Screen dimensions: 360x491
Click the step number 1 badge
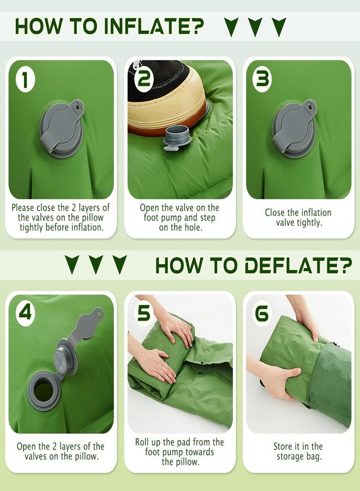[x=25, y=80]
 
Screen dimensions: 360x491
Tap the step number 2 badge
[x=143, y=80]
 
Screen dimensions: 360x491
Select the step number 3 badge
[x=262, y=80]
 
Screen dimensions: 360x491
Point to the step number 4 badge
[x=25, y=313]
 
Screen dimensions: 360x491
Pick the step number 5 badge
[x=143, y=313]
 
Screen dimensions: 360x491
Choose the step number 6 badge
[x=262, y=313]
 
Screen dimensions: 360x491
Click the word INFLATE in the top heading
[x=153, y=26]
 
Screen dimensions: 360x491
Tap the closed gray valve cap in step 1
[x=62, y=128]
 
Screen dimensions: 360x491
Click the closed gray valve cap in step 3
[x=294, y=128]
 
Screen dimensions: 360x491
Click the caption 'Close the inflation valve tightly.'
[x=298, y=218]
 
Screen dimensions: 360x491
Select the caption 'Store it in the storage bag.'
[x=298, y=451]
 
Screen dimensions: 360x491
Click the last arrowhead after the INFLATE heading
[x=279, y=27]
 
